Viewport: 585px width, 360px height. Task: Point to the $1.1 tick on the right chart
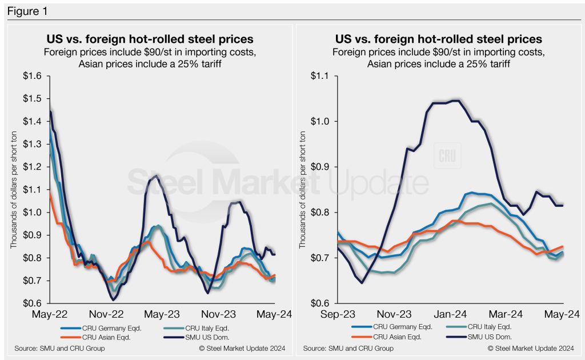(323, 76)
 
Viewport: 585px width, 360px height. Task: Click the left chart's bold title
(150, 39)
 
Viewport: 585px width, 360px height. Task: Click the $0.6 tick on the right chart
(323, 303)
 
